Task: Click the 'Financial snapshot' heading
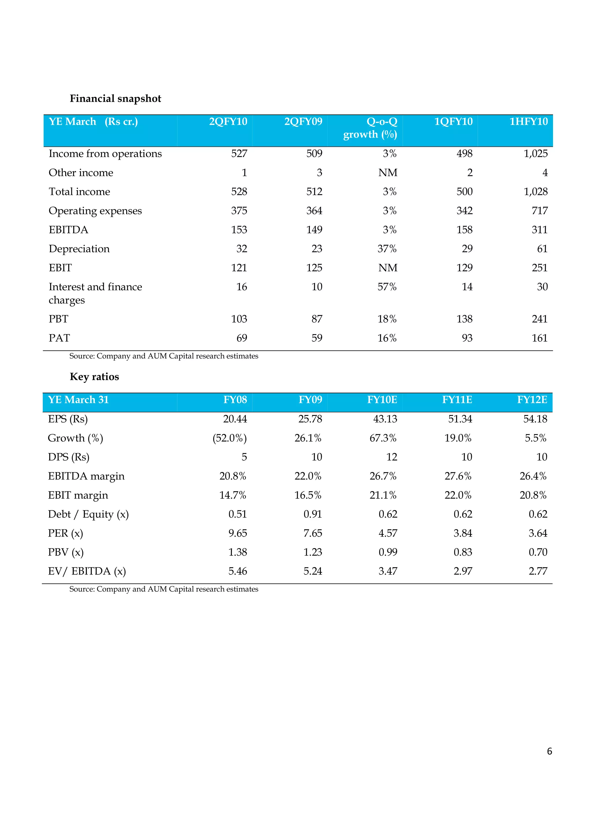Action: (x=115, y=98)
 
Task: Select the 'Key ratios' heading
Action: (x=94, y=377)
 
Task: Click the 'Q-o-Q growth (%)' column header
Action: (x=370, y=128)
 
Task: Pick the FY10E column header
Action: (x=382, y=400)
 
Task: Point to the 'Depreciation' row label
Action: (x=79, y=249)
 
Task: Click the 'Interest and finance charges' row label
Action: (x=95, y=293)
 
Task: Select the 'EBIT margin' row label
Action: (x=78, y=495)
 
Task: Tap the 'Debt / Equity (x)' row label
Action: (x=88, y=514)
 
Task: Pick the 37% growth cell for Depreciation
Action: (x=387, y=249)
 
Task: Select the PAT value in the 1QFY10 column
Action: (x=467, y=338)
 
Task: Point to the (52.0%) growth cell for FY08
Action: (x=230, y=438)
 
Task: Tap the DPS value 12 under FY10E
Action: (x=391, y=457)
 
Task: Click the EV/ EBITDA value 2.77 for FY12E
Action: (x=538, y=571)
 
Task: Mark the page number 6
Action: (x=549, y=751)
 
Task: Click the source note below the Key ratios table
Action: (x=164, y=589)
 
